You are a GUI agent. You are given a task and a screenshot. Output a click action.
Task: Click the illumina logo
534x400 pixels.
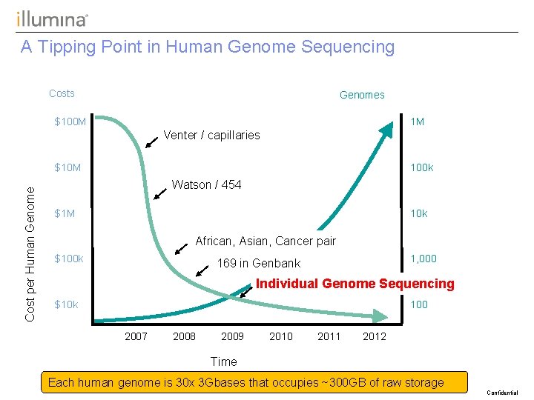pos(52,19)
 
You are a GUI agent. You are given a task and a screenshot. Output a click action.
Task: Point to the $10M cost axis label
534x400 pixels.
pos(68,167)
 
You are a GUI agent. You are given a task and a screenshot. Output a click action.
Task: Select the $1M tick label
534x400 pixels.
pos(65,213)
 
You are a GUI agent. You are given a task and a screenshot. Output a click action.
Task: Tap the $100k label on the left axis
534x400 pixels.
pos(69,259)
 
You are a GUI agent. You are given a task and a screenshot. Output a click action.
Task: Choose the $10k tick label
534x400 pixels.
pos(67,304)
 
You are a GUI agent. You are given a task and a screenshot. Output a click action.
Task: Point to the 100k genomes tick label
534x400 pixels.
pos(421,167)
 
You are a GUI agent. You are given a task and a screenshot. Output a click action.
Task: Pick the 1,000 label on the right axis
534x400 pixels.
pos(423,259)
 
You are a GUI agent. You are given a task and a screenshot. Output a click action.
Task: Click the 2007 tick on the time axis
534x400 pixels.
pos(136,336)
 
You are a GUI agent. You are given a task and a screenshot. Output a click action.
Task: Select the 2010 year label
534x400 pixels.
pos(280,336)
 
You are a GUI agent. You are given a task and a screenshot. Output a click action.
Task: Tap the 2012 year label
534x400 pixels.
pos(375,336)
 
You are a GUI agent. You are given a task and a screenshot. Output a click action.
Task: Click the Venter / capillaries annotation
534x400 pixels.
pos(211,135)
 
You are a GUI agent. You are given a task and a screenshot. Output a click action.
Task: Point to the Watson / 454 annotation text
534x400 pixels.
pos(206,184)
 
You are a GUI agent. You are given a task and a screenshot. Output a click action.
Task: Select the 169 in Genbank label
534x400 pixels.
pos(258,263)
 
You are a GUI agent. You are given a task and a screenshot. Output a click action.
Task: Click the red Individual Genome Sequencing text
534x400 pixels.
pos(355,283)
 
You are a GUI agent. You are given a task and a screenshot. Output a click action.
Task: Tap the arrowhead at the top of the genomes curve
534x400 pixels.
pos(386,127)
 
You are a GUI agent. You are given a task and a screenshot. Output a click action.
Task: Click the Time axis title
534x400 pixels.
pos(223,361)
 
